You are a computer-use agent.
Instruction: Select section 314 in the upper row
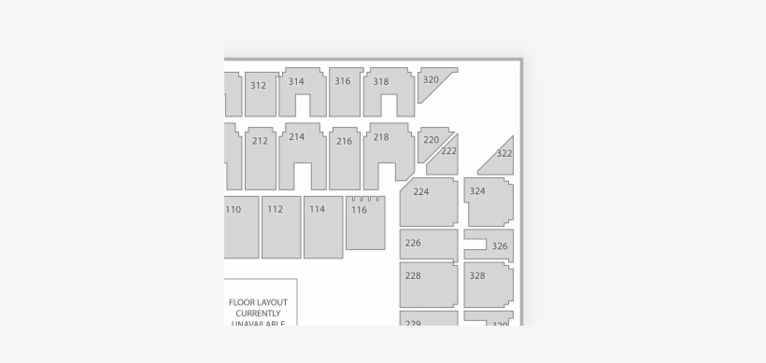click(297, 82)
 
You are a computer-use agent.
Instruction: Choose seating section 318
click(382, 82)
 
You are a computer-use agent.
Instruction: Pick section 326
click(499, 246)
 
